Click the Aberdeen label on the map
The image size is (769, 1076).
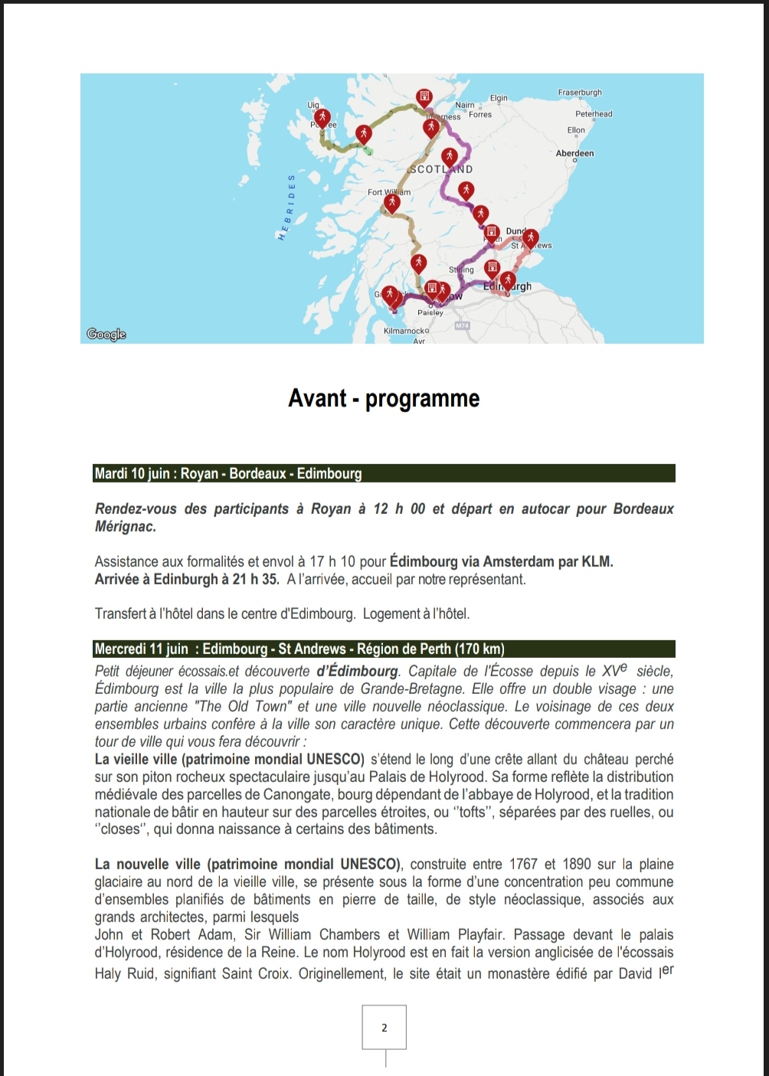pyautogui.click(x=574, y=153)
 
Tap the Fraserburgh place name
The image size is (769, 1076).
pyautogui.click(x=580, y=93)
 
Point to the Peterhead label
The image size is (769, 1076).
pyautogui.click(x=594, y=114)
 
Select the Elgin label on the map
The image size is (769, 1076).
pyautogui.click(x=499, y=98)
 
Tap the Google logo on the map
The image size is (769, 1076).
pyautogui.click(x=106, y=334)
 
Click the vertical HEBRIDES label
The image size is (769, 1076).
pyautogui.click(x=286, y=208)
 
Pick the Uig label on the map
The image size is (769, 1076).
pyautogui.click(x=313, y=105)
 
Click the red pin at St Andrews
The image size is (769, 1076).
pyautogui.click(x=530, y=238)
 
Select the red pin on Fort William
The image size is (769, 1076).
pyautogui.click(x=392, y=203)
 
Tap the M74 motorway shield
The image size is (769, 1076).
pyautogui.click(x=462, y=325)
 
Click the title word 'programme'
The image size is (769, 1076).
pyautogui.click(x=422, y=398)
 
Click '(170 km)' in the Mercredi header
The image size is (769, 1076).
pyautogui.click(x=479, y=649)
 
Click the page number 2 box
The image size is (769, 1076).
pyautogui.click(x=384, y=1028)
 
